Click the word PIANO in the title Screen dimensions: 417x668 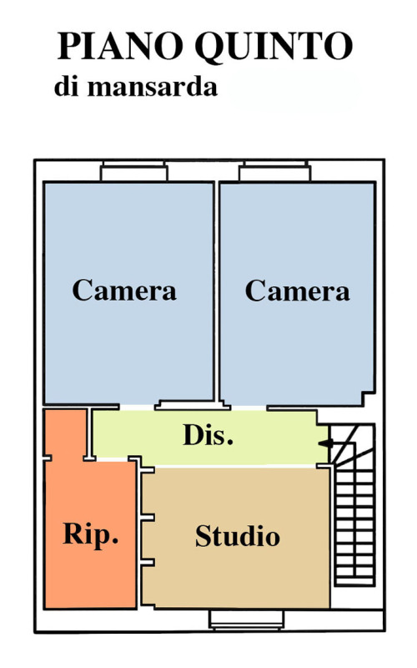pyautogui.click(x=121, y=46)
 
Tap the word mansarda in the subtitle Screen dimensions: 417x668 pyautogui.click(x=153, y=87)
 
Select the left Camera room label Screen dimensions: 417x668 pyautogui.click(x=124, y=290)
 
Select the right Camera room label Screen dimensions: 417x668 pyautogui.click(x=298, y=291)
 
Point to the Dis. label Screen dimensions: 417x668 pyautogui.click(x=208, y=434)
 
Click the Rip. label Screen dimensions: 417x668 pyautogui.click(x=90, y=534)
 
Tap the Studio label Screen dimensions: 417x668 pyautogui.click(x=238, y=535)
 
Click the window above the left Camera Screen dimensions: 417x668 pyautogui.click(x=134, y=171)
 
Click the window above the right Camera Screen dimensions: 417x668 pyautogui.click(x=275, y=171)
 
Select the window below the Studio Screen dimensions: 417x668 pyautogui.click(x=246, y=620)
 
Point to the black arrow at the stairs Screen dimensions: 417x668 pyautogui.click(x=326, y=443)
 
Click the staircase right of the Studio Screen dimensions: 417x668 pyautogui.click(x=352, y=504)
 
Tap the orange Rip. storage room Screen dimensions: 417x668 pyautogui.click(x=90, y=533)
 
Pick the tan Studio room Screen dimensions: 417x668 pyautogui.click(x=236, y=537)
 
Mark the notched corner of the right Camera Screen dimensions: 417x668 pyautogui.click(x=368, y=398)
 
